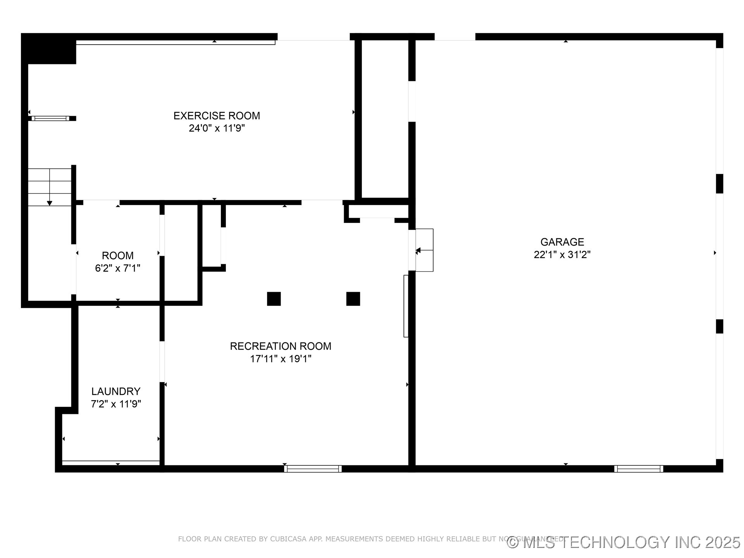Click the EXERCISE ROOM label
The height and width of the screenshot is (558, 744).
click(x=217, y=115)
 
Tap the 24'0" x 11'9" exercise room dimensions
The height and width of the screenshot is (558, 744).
click(x=217, y=128)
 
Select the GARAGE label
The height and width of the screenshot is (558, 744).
click(x=562, y=242)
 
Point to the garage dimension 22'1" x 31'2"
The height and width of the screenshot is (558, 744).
click(x=562, y=255)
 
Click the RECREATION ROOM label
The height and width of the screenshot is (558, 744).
click(x=281, y=346)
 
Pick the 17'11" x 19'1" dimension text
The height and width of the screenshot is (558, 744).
click(x=281, y=359)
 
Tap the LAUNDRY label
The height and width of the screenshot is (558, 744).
click(x=116, y=391)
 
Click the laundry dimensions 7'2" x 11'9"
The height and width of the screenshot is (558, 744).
click(x=116, y=404)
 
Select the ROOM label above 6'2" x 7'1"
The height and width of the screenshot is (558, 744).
click(x=118, y=256)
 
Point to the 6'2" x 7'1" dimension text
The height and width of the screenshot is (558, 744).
click(x=118, y=268)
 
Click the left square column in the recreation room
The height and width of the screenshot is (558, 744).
click(x=274, y=299)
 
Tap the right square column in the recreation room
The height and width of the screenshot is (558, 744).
click(x=353, y=299)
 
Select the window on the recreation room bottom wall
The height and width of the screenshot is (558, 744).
click(x=313, y=468)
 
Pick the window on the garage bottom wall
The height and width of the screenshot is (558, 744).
click(x=639, y=468)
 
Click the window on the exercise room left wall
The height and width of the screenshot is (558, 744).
click(x=50, y=118)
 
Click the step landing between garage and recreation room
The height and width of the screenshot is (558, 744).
click(x=424, y=250)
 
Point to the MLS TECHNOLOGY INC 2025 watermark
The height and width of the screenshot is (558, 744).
click(x=624, y=542)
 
